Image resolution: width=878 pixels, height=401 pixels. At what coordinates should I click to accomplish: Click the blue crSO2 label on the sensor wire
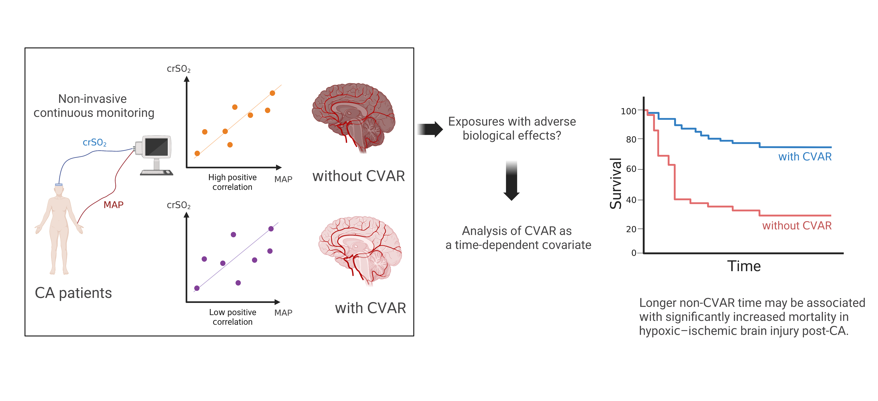(x=94, y=142)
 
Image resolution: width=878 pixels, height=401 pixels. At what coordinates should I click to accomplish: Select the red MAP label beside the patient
(x=114, y=205)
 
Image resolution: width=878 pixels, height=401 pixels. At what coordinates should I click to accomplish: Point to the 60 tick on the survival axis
(x=631, y=169)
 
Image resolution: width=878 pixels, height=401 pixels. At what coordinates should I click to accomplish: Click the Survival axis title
(x=616, y=184)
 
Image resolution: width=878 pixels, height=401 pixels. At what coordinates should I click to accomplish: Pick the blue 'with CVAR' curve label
(x=805, y=157)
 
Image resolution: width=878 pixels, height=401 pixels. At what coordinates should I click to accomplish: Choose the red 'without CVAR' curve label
(x=797, y=226)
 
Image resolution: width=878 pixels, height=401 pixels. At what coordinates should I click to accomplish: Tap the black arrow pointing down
(x=511, y=181)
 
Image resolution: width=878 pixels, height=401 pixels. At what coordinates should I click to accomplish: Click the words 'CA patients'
(x=73, y=293)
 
